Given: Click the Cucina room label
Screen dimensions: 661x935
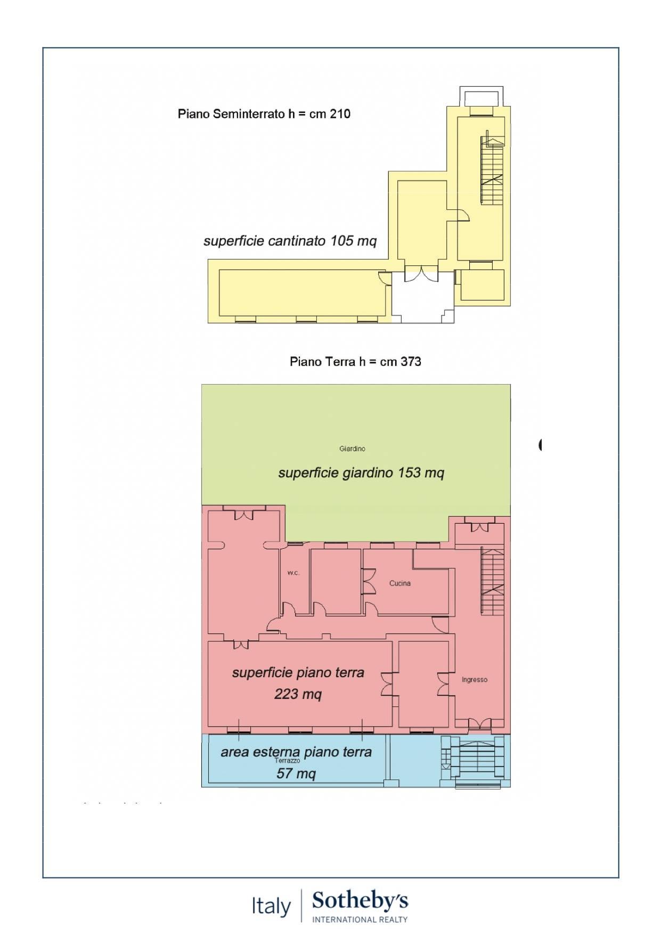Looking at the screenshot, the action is point(399,583).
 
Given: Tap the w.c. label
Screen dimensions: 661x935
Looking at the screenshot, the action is point(293,573).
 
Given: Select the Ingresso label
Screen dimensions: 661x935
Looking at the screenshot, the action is point(475,680).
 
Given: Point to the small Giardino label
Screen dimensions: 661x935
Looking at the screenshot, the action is point(352,449).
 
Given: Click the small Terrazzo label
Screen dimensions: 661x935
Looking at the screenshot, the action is point(287,761).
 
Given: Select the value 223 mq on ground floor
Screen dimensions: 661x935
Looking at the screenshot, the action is point(298,694).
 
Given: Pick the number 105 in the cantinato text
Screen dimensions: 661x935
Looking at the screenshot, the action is point(341,241).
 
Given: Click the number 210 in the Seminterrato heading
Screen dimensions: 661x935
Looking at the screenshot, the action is point(340,113).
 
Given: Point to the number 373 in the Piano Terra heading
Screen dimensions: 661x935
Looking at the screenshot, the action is point(411,362).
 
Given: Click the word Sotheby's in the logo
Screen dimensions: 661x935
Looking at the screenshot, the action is point(360,901).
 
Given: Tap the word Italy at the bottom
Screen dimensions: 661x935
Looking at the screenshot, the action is point(271,906).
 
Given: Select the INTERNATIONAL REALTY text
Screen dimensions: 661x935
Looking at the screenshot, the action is point(360,920).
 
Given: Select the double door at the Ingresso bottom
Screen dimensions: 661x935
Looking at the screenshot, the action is point(479,724).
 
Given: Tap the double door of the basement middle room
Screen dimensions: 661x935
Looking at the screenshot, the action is point(421,274).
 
